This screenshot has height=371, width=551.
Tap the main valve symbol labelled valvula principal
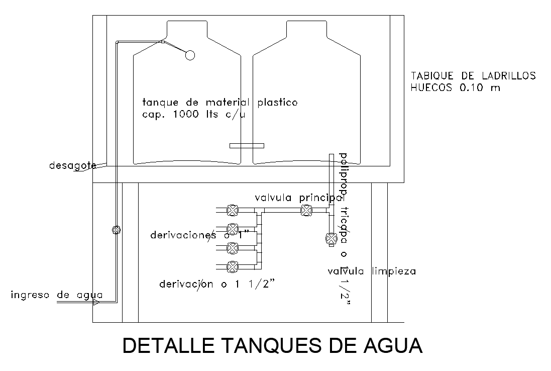pos(305,211)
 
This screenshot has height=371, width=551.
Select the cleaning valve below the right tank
pos(331,238)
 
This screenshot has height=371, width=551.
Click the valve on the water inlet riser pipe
pos(116,230)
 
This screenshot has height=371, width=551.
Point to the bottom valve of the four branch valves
pos(232,266)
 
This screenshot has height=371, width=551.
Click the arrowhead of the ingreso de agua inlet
pos(96,302)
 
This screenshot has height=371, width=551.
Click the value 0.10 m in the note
pos(480,87)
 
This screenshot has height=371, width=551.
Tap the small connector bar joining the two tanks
pos(246,146)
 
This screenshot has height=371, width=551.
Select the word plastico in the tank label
pos(277,103)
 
